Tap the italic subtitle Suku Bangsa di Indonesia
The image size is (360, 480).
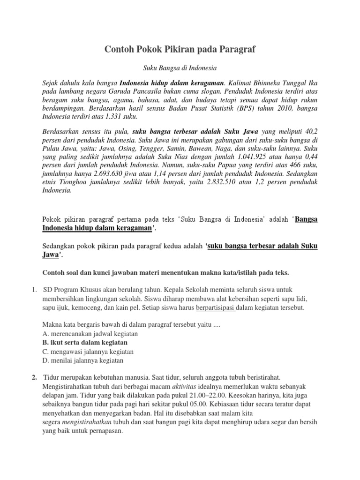point(180,68)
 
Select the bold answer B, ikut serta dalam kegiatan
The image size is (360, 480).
point(85,343)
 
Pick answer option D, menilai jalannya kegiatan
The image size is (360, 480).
point(82,360)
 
